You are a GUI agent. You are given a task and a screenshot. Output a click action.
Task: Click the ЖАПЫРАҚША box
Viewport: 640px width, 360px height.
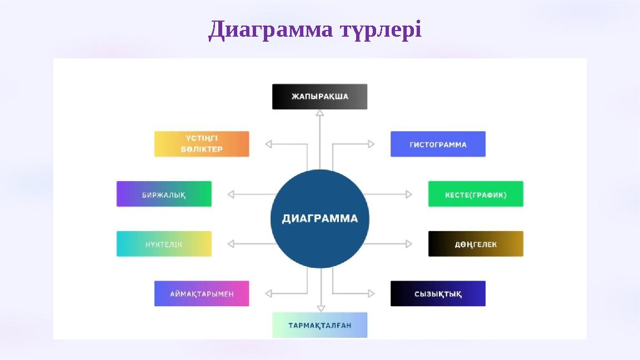[319, 97]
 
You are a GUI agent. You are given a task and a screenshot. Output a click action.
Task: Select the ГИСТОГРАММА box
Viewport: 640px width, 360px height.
[438, 144]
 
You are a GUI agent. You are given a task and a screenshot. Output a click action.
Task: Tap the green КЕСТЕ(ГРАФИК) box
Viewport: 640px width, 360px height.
[476, 194]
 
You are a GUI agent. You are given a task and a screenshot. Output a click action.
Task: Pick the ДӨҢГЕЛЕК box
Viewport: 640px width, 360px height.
[476, 244]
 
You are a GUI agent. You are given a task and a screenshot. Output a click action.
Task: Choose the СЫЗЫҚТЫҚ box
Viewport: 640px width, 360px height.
[438, 293]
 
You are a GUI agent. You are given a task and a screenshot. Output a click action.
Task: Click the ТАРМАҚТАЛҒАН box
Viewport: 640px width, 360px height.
[319, 325]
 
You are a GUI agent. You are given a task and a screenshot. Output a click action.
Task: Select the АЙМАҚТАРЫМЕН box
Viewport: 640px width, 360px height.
[202, 293]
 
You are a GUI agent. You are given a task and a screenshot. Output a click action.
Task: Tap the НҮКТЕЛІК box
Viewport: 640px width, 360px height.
[164, 244]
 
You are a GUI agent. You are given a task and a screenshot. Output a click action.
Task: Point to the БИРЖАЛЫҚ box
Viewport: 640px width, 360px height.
[164, 194]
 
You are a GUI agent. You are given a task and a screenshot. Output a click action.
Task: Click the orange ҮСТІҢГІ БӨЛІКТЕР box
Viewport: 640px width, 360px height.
[202, 144]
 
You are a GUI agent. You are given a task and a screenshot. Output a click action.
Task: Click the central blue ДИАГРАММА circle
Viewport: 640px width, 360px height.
[319, 218]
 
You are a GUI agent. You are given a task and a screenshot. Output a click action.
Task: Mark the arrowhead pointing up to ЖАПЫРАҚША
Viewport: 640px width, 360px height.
[319, 113]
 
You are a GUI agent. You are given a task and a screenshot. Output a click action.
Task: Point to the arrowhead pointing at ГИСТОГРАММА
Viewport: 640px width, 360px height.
[371, 144]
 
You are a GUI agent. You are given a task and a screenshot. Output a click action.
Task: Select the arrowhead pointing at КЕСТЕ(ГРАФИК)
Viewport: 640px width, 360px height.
[409, 194]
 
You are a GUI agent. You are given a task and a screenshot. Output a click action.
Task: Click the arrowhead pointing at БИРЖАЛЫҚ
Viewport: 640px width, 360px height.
[231, 194]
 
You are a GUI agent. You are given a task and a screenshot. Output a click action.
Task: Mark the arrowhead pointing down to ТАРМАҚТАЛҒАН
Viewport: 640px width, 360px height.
[321, 308]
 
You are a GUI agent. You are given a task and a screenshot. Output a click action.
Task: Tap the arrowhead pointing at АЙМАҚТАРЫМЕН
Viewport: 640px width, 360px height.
[269, 293]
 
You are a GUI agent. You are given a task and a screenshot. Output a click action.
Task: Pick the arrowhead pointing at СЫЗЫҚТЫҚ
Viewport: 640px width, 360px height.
[371, 293]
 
